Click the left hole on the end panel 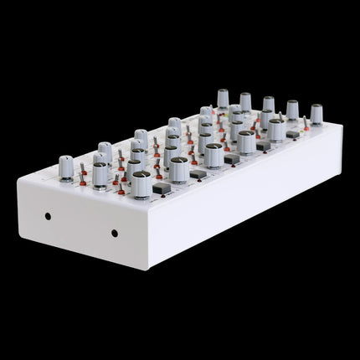(48, 215)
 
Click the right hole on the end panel (115, 233)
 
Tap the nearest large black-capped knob (141, 181)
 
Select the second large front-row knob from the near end (178, 165)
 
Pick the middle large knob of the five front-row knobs (213, 153)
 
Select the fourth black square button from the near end (263, 146)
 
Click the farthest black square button (292, 134)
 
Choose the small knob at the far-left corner (66, 162)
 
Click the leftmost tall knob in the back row (223, 97)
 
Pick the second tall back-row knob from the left (245, 100)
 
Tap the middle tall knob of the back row (269, 105)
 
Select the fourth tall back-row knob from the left (292, 109)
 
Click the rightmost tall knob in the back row (316, 112)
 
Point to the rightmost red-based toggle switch (308, 126)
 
